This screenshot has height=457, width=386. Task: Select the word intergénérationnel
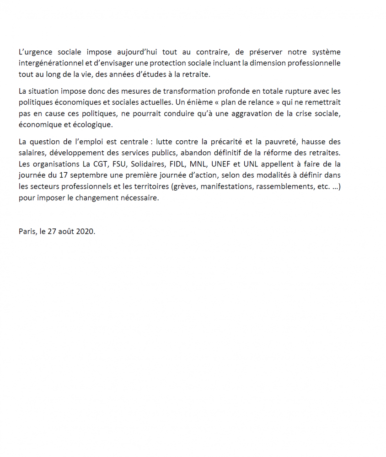click(51, 63)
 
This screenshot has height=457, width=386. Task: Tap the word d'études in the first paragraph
click(158, 74)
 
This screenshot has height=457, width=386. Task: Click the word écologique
click(89, 124)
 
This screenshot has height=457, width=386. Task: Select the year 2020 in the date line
click(85, 231)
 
